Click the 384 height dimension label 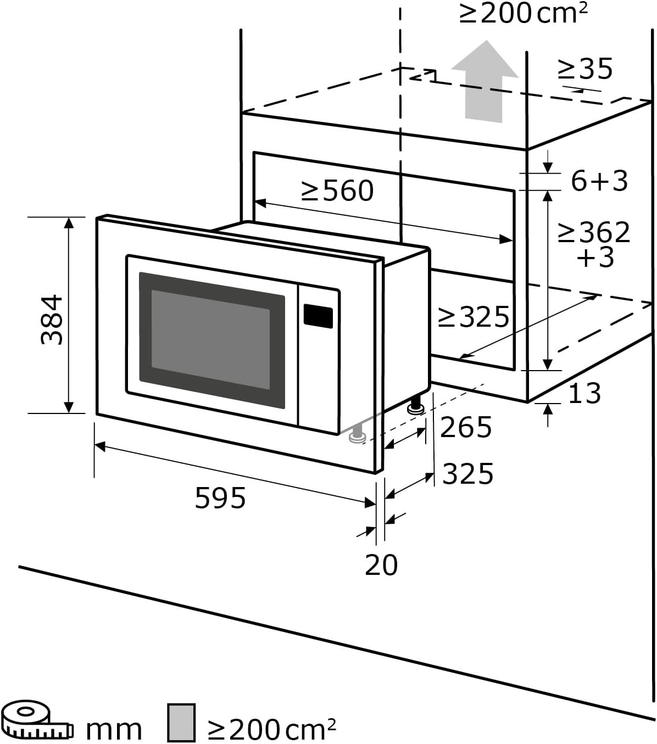coord(53,320)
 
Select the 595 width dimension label coord(220,498)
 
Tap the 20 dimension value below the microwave coord(381,565)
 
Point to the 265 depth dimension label coord(466,427)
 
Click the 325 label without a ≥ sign coord(468,473)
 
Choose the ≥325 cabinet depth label coord(474,317)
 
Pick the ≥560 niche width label coord(337,191)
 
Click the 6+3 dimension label coord(599,181)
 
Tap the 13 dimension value coord(584,393)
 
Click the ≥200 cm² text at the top coord(523,13)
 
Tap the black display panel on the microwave coord(318,316)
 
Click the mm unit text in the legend coord(114,729)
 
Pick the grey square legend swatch coord(181,722)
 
